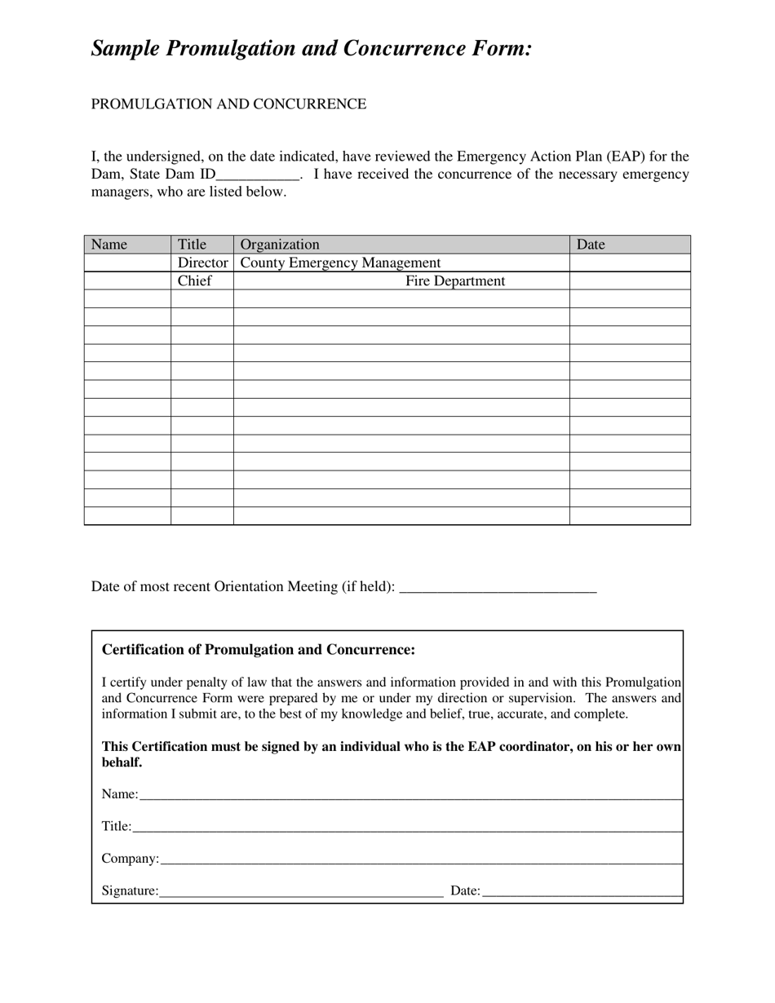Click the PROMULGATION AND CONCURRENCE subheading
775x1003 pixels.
pos(228,104)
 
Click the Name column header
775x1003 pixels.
pos(109,245)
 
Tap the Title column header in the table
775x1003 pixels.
pos(193,245)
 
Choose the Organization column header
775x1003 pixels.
pos(280,245)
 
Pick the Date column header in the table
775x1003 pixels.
pos(591,245)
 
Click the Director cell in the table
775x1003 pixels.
pos(202,263)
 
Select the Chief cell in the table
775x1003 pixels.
pos(194,281)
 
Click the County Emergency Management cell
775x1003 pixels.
pos(340,263)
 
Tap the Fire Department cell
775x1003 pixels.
pos(455,281)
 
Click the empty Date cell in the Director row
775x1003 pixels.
pos(629,263)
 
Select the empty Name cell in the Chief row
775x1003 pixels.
pos(127,281)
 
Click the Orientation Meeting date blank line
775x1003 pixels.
pos(499,588)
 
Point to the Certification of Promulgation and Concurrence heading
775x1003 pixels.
pos(258,650)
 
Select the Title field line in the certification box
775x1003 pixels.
pos(406,827)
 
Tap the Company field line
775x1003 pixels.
pos(421,859)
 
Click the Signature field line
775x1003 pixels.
pos(301,892)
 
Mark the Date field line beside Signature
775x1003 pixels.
pos(582,892)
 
